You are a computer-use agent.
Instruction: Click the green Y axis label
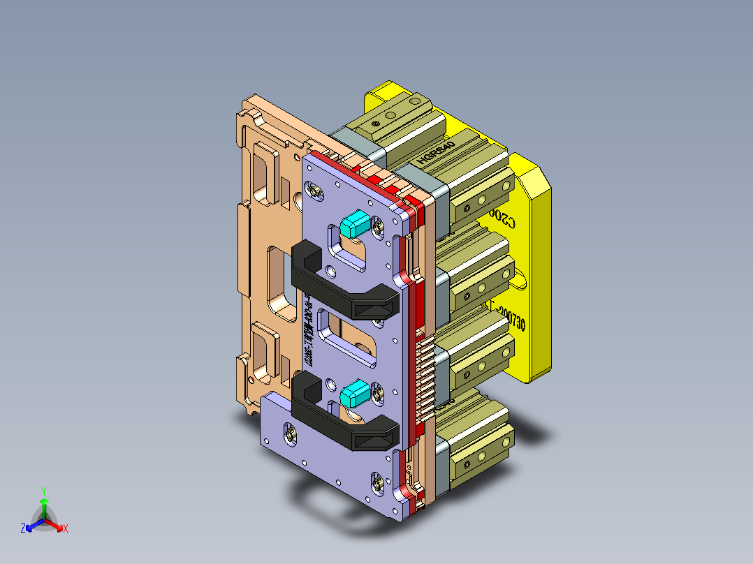[x=43, y=491]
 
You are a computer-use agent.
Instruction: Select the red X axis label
[x=66, y=529]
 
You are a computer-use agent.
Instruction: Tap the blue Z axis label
[x=23, y=529]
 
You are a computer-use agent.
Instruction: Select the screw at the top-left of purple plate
[x=314, y=190]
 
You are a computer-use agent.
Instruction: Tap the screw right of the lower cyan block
[x=378, y=395]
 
